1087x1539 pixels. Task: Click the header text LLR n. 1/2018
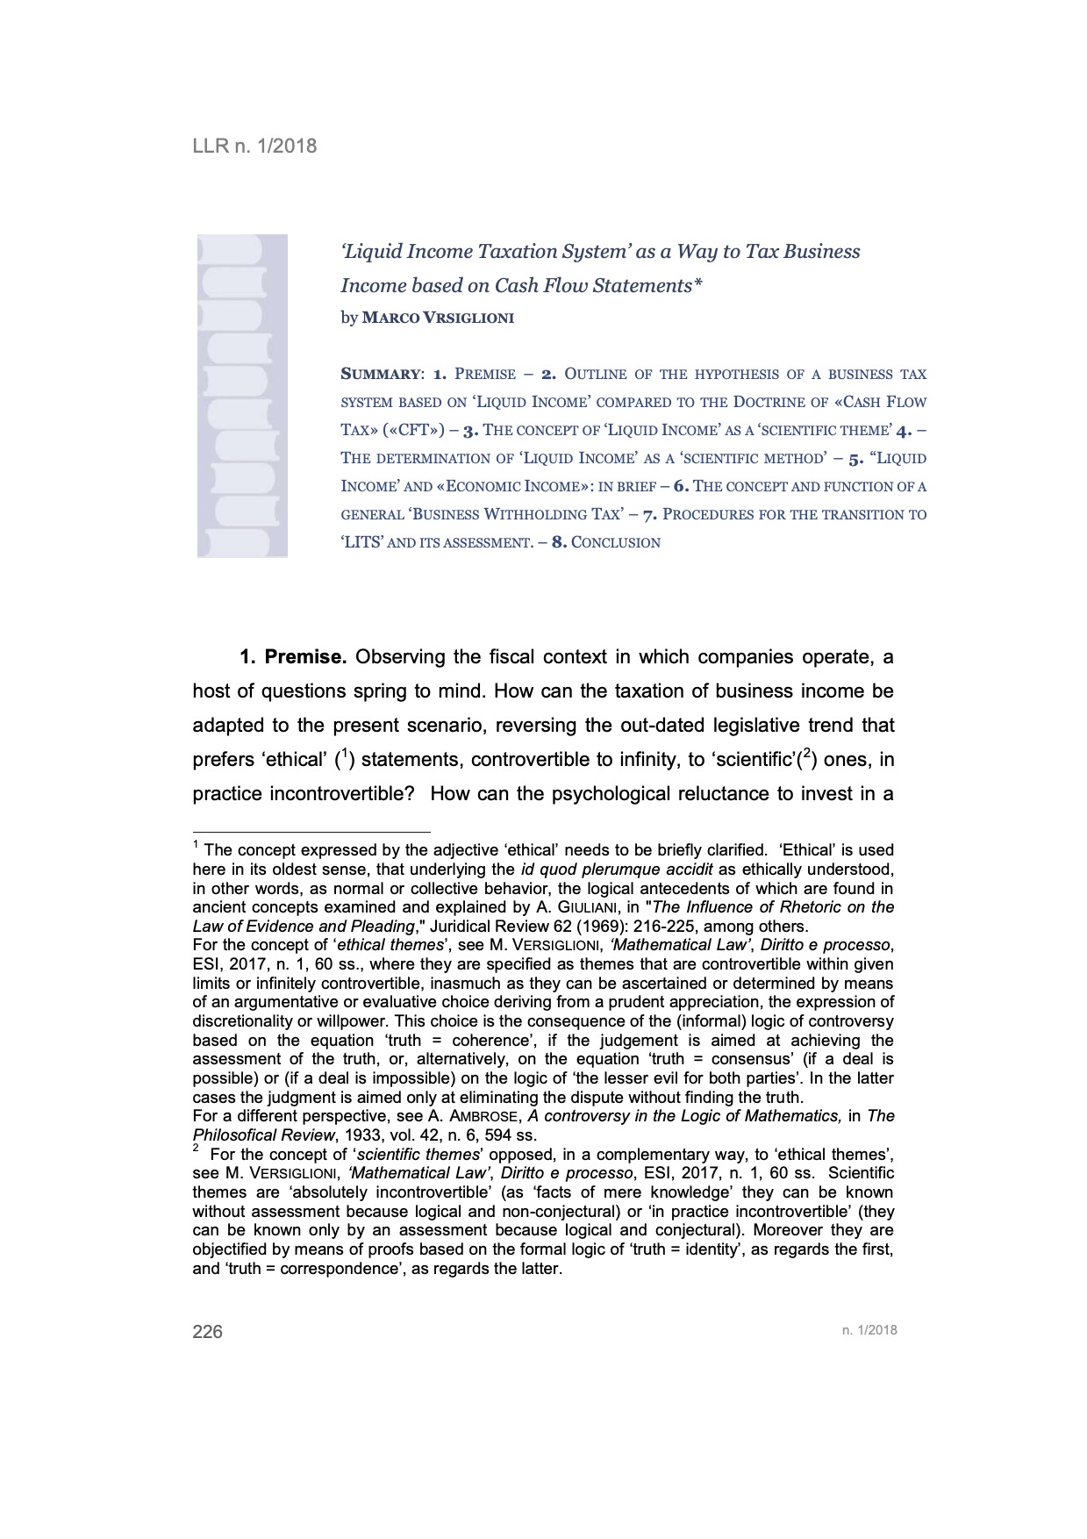click(x=254, y=146)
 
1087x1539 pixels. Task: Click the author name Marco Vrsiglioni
click(x=438, y=319)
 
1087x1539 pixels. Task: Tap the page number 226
click(x=208, y=1331)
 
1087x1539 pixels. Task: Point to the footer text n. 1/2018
click(x=869, y=1330)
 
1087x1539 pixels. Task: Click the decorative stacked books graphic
click(x=242, y=396)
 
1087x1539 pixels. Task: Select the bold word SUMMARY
click(x=380, y=375)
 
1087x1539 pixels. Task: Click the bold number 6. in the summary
click(x=681, y=487)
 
